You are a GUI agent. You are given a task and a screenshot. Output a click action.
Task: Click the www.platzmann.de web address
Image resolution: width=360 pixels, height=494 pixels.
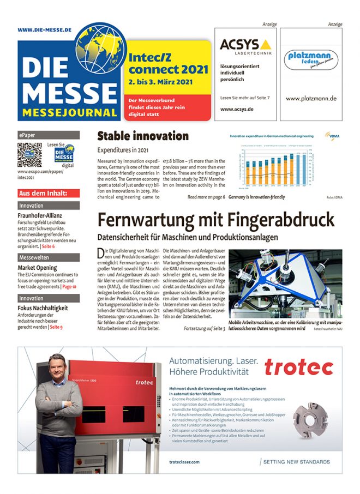(x=311, y=99)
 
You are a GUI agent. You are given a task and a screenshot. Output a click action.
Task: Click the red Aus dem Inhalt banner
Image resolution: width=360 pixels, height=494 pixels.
(x=49, y=193)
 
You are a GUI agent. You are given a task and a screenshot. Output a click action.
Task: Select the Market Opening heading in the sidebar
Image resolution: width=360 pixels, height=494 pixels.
(x=37, y=268)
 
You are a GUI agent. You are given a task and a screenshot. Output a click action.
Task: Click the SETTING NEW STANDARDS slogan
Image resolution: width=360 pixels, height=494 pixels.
(x=297, y=462)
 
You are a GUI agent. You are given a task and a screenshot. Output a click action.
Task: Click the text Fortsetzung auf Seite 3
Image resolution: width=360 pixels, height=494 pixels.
(x=205, y=329)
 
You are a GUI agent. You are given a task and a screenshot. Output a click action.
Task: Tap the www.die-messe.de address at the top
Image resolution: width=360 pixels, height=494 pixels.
(x=45, y=30)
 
